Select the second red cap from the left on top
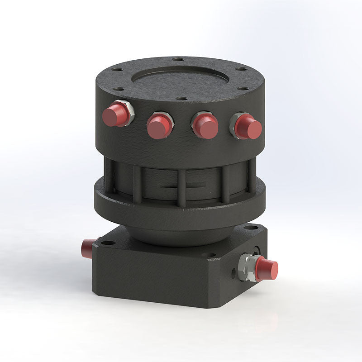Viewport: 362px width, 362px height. [158, 127]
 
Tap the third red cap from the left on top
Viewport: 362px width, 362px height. [205, 127]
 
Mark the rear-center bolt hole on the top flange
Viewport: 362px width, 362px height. [179, 59]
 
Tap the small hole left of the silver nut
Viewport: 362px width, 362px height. [233, 273]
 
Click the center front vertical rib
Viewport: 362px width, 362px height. [181, 187]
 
